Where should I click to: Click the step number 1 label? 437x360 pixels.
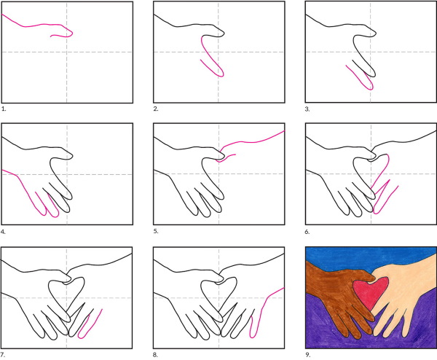(4, 109)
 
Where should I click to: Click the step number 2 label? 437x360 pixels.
(156, 109)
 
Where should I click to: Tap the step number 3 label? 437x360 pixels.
(307, 109)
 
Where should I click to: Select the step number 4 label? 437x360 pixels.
(4, 232)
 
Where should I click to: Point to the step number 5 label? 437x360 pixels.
(156, 231)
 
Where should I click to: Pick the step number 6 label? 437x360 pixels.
(307, 232)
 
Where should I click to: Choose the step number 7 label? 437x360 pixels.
(3, 355)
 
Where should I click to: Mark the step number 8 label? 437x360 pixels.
(155, 355)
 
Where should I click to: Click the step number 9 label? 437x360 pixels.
(307, 355)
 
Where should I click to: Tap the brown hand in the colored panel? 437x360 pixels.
(334, 296)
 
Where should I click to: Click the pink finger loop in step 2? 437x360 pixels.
(211, 58)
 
